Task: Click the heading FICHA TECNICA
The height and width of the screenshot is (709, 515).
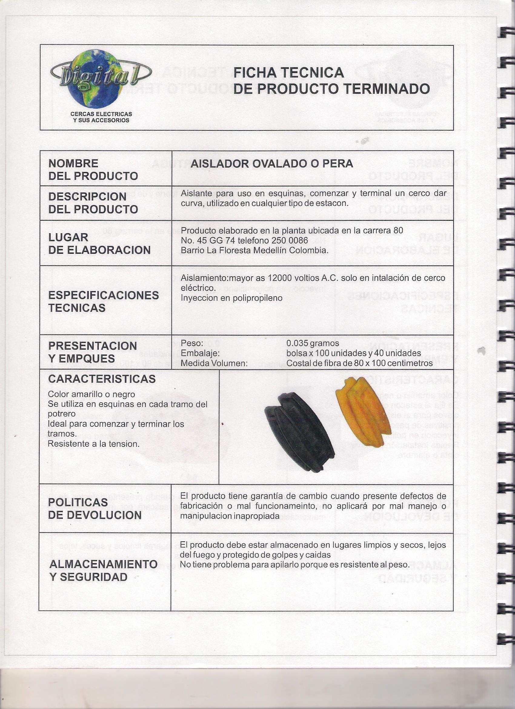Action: click(289, 73)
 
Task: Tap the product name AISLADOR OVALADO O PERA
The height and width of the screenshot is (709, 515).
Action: click(272, 163)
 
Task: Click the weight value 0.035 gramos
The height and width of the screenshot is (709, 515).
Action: click(313, 343)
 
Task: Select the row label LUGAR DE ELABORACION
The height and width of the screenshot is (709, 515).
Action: click(99, 244)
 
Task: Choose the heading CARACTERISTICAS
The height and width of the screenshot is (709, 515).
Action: click(102, 379)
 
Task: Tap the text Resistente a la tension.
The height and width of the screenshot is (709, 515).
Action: click(93, 444)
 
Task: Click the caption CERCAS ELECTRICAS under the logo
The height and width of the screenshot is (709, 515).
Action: click(101, 114)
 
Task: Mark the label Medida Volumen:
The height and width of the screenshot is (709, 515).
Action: click(214, 363)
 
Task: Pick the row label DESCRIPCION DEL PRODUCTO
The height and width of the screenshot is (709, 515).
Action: click(93, 203)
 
